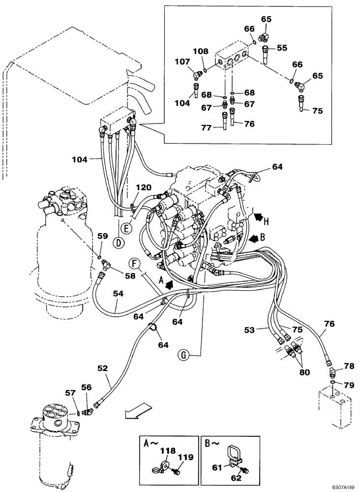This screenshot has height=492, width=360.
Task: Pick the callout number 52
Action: coord(103,368)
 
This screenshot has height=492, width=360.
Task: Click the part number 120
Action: coord(143,188)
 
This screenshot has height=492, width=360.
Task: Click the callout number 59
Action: coord(102,236)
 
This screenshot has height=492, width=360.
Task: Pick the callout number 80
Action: coord(304,372)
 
